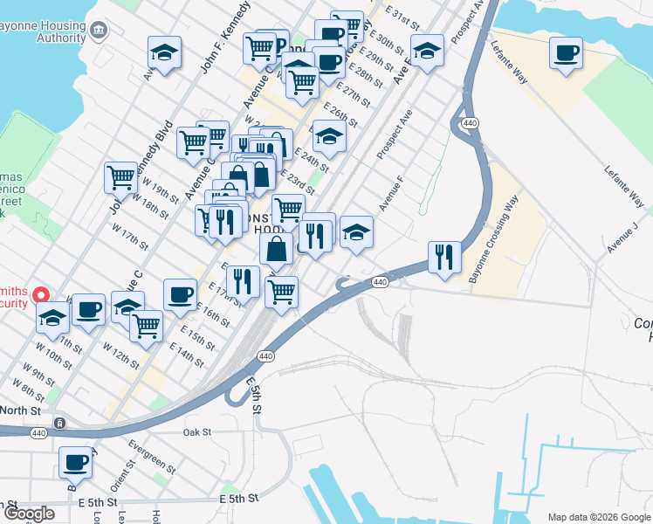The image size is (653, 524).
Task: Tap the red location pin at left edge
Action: coord(40,296)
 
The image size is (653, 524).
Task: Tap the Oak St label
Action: coord(197,431)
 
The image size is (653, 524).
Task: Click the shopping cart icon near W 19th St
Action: coord(120,176)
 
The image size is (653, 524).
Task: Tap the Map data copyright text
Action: coord(599,517)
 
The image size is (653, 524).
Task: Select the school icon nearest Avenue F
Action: coord(356,231)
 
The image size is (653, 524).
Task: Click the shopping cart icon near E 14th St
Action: coord(147,326)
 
